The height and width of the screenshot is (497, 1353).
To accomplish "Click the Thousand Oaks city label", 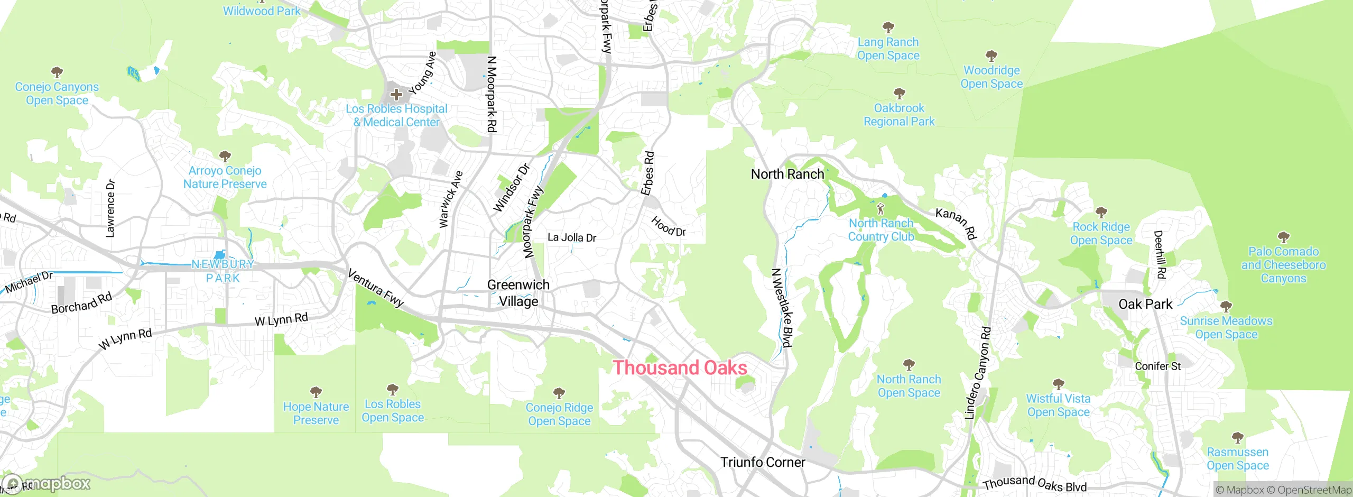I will pyautogui.click(x=680, y=368).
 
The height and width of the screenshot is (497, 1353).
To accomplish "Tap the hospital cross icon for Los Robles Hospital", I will pyautogui.click(x=396, y=95).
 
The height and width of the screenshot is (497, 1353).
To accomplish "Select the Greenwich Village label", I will pyautogui.click(x=518, y=293).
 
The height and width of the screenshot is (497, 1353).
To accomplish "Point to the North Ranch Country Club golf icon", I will pyautogui.click(x=881, y=208).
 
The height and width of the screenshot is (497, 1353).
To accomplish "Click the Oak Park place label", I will pyautogui.click(x=1145, y=305).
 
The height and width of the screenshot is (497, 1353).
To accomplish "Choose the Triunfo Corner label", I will pyautogui.click(x=763, y=462).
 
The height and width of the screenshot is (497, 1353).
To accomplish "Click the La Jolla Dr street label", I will pyautogui.click(x=571, y=237).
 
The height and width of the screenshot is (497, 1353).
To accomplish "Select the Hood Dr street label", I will pyautogui.click(x=668, y=226).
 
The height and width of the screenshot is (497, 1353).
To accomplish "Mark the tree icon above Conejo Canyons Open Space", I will pyautogui.click(x=57, y=72).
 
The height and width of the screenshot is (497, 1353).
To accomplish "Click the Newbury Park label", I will pyautogui.click(x=223, y=271).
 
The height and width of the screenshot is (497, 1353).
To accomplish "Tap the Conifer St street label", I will pyautogui.click(x=1157, y=366).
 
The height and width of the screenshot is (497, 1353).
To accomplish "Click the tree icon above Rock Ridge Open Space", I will pyautogui.click(x=1101, y=213).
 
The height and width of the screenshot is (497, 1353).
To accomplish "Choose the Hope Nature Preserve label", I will pyautogui.click(x=316, y=413).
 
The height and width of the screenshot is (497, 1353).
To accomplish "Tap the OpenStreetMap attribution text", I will pyautogui.click(x=1314, y=490).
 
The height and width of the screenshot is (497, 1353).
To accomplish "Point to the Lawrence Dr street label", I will pyautogui.click(x=110, y=208).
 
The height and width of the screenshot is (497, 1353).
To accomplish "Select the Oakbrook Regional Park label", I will pyautogui.click(x=898, y=115).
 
